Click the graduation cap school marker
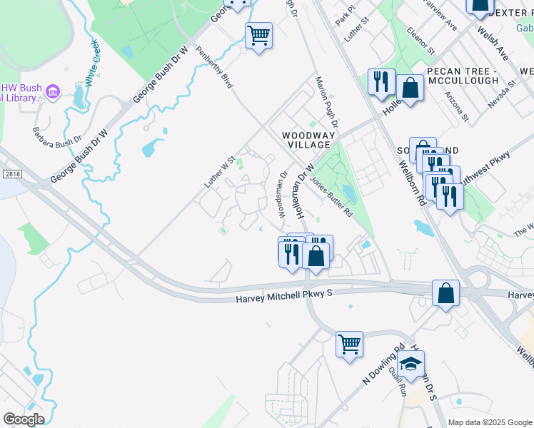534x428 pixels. pos(410,364)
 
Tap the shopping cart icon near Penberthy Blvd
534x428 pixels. pos(258,34)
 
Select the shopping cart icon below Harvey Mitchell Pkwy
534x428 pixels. pos(349,344)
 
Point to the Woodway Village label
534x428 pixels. pos(306,139)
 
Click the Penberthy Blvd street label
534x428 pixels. pos(215,68)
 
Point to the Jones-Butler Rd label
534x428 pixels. pos(332,197)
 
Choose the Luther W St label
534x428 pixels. pos(220,173)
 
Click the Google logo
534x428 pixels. pos(24,419)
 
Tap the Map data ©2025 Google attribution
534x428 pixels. pos(489,422)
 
